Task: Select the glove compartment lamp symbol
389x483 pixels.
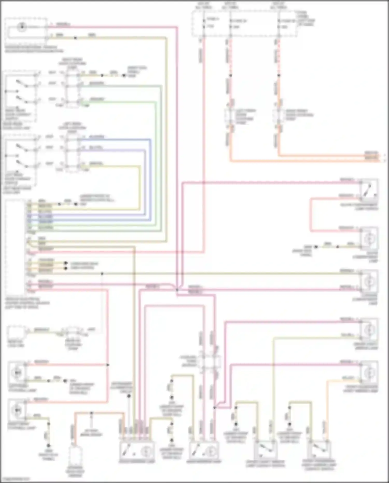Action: [369, 238]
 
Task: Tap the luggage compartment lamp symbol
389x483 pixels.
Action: [369, 281]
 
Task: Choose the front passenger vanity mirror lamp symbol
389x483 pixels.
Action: [369, 372]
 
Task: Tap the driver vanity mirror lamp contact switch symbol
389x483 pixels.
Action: [266, 450]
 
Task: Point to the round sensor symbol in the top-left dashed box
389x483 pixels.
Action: [22, 27]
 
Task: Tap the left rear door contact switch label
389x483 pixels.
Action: [17, 179]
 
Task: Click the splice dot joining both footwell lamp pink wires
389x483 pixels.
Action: [108, 365]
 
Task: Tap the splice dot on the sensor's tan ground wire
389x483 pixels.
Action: [75, 38]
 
